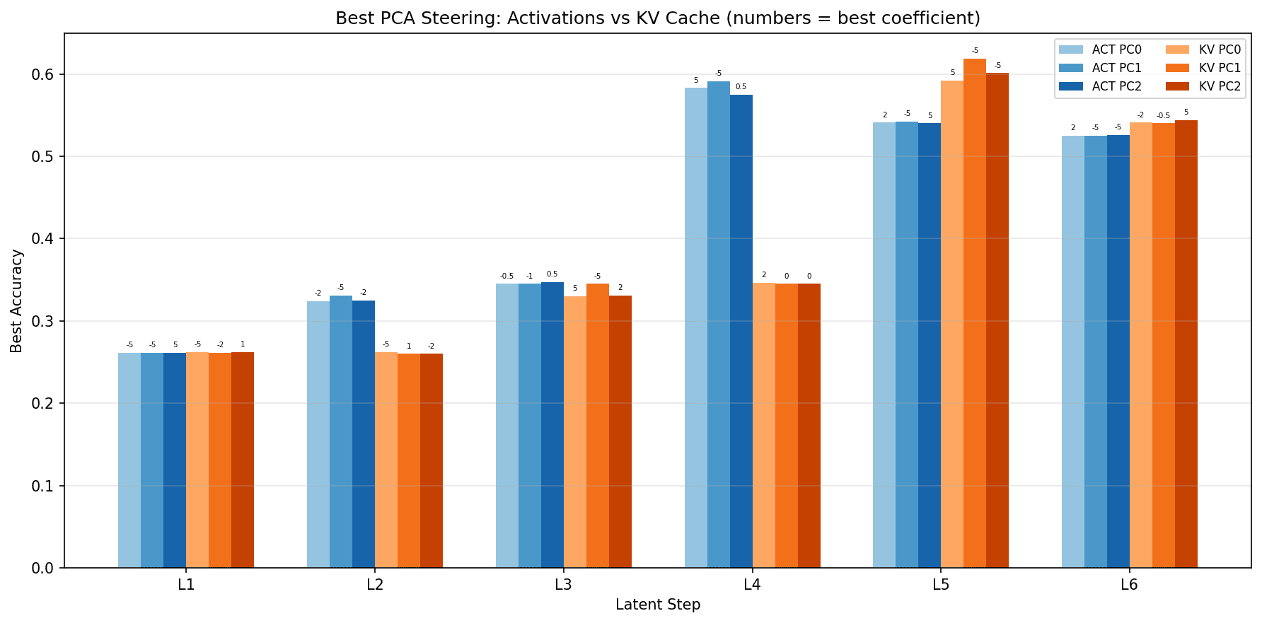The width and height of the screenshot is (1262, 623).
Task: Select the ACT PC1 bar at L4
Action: [x=719, y=325]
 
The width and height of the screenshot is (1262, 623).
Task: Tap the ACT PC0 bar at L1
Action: [x=129, y=460]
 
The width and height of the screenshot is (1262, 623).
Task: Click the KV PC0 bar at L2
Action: [x=386, y=460]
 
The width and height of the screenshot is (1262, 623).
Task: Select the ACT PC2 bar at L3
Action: [x=552, y=425]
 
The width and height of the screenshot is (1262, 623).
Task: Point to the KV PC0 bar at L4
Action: [x=764, y=425]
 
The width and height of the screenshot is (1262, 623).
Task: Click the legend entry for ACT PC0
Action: [x=1101, y=50]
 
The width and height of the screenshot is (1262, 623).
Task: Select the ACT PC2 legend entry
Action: [x=1101, y=86]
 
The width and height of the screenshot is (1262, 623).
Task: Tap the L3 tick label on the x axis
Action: [x=564, y=585]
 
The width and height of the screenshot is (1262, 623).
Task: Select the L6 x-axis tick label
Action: [x=1129, y=585]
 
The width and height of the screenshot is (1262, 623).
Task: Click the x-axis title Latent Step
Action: [x=658, y=605]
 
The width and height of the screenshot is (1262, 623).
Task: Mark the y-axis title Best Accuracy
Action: [x=17, y=301]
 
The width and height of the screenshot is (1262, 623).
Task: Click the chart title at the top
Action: [x=658, y=18]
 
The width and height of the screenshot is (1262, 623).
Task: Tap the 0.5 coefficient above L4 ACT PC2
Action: [x=741, y=87]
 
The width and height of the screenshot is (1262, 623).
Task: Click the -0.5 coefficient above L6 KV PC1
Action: [x=1164, y=115]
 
